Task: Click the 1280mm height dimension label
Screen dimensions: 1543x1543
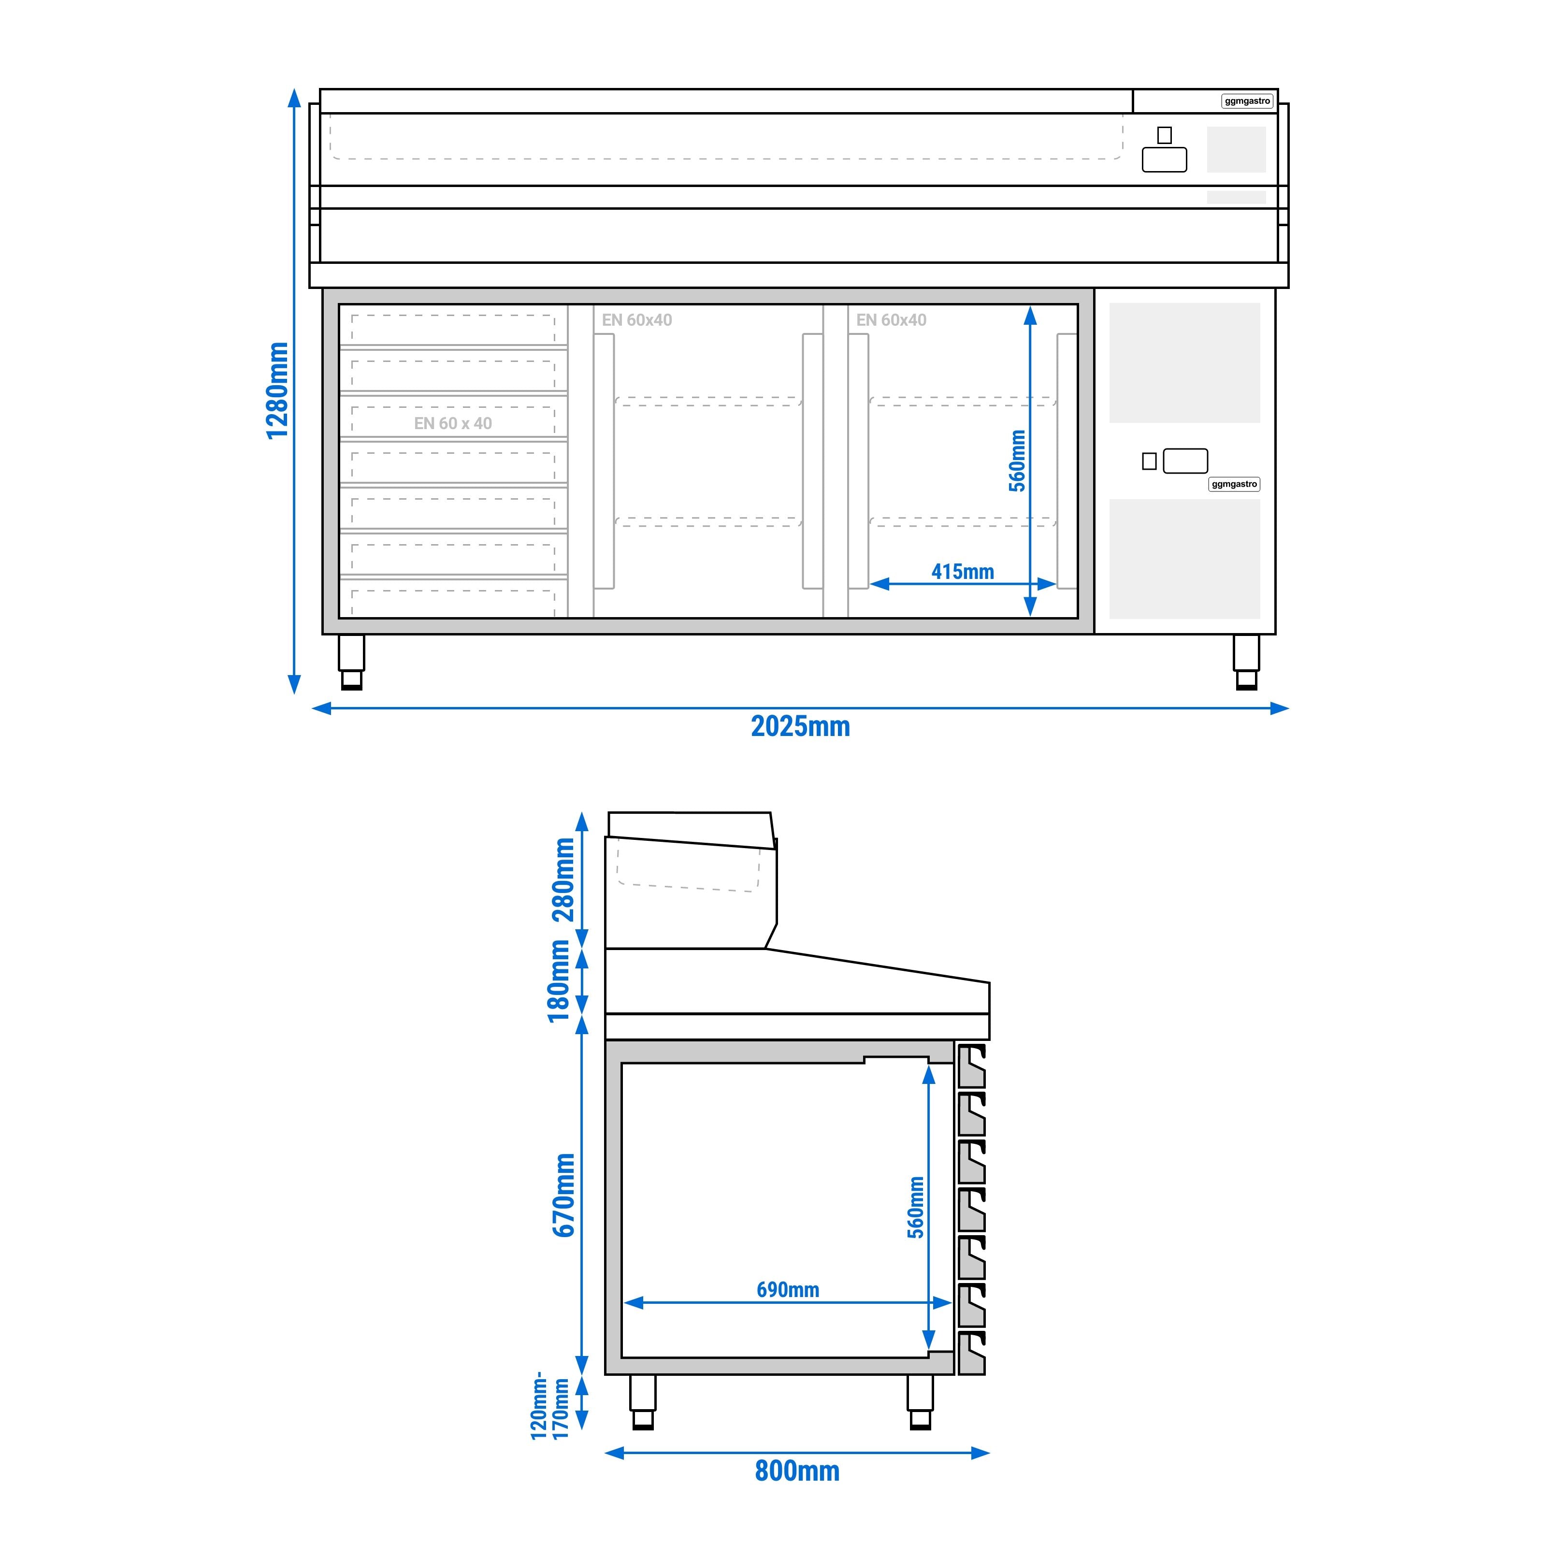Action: pos(277,390)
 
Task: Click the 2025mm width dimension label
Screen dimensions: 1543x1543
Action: pos(800,727)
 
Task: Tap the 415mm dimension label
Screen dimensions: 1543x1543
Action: pos(962,572)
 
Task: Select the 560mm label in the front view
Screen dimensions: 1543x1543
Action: pos(1017,461)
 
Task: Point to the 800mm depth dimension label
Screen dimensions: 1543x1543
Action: pos(797,1471)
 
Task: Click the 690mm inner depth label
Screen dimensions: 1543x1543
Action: pos(788,1290)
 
